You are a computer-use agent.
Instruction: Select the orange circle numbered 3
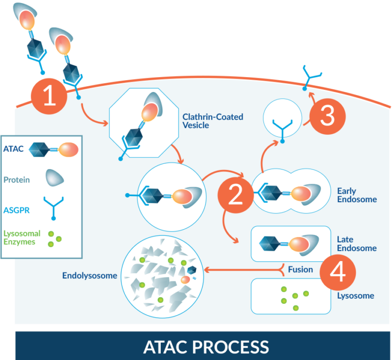coord(327,116)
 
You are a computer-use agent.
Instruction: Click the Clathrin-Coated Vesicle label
coord(213,121)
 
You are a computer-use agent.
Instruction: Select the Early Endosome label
coord(357,195)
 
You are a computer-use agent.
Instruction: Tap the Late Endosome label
coord(357,244)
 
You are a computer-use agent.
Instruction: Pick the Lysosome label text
coord(355,296)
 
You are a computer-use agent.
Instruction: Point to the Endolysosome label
coord(89,276)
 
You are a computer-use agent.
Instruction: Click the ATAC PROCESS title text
coord(206,347)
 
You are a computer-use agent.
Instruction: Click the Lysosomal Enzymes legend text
coord(21,237)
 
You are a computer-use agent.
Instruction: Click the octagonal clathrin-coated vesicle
coord(144,123)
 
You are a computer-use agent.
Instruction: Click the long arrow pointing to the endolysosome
coord(240,270)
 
